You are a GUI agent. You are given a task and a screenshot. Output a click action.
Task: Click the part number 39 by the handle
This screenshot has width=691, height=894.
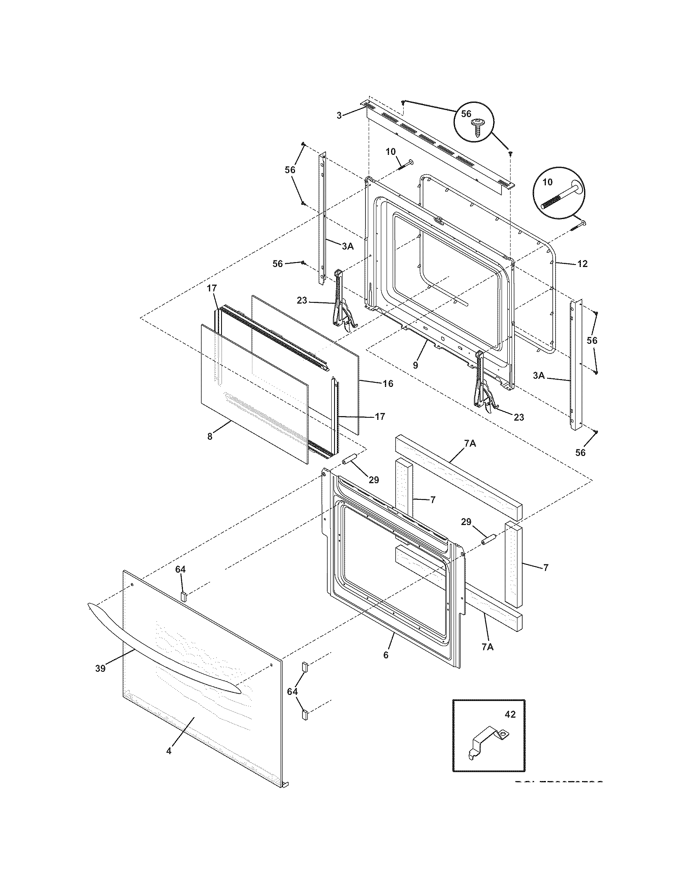click(100, 668)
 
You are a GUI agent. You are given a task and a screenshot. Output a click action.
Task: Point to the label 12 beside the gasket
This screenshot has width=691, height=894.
click(582, 264)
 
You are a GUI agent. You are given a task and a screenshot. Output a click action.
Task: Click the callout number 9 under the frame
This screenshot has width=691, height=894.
click(415, 365)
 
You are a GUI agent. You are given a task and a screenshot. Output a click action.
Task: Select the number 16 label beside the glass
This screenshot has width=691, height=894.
click(388, 384)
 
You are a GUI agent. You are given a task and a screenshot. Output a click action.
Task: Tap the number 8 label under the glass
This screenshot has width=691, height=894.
click(210, 436)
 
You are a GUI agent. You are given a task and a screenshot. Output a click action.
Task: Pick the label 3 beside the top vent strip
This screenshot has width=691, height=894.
click(339, 116)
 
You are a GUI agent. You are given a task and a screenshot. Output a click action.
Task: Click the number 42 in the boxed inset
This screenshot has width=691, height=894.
click(510, 714)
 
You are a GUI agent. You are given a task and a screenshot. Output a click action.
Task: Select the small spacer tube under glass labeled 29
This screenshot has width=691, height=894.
click(350, 460)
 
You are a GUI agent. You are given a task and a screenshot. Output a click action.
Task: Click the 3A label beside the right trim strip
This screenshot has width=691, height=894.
click(539, 375)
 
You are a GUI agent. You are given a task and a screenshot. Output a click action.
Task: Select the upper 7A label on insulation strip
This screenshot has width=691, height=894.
click(470, 443)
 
